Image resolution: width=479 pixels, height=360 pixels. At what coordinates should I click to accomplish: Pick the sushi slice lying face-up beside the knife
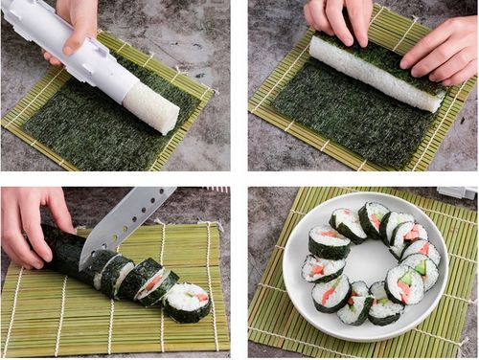(188, 301)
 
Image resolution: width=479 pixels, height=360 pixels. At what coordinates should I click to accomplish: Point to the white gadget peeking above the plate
(457, 192)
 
